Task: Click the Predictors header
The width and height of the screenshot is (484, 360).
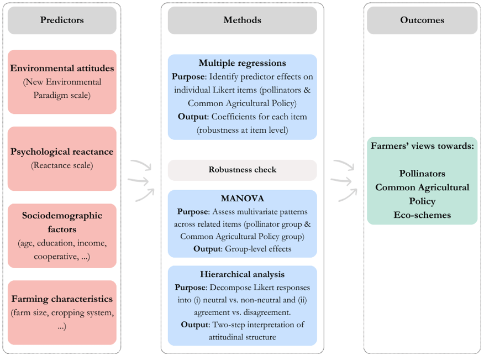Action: click(62, 20)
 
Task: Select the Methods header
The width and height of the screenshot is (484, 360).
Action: click(243, 20)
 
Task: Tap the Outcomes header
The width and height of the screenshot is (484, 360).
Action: click(422, 20)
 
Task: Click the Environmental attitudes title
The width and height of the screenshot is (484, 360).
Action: click(62, 68)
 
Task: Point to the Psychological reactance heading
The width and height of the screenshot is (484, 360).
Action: click(62, 152)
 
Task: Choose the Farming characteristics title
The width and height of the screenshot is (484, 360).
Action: click(62, 299)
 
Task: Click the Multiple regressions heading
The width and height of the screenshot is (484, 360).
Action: click(243, 63)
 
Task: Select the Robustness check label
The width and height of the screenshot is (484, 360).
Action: click(243, 170)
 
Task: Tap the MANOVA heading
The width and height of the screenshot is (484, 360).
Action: click(243, 199)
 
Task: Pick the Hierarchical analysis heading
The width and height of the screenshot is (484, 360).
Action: click(243, 274)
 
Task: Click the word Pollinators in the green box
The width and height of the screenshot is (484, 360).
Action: click(422, 173)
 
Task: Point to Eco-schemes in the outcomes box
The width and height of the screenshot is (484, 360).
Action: click(422, 215)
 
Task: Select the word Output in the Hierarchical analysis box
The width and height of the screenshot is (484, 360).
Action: click(195, 325)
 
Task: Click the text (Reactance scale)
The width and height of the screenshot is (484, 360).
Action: click(62, 165)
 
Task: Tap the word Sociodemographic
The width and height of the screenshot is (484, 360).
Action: click(62, 216)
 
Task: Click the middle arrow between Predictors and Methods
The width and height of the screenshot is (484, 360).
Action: click(138, 181)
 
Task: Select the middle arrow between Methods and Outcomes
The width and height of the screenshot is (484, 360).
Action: click(341, 181)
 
